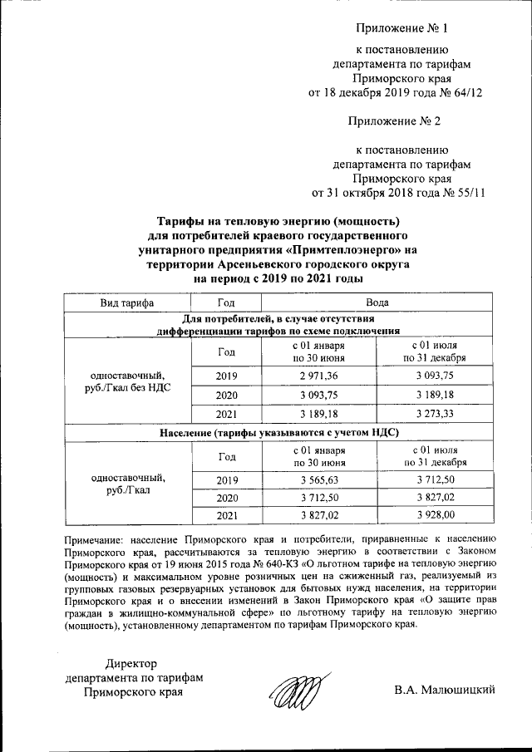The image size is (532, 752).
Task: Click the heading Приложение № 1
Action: pyautogui.click(x=402, y=28)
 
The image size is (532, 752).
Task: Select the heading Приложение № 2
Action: pyautogui.click(x=402, y=122)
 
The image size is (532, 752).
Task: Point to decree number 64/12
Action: pyautogui.click(x=467, y=92)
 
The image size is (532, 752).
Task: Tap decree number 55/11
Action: pyautogui.click(x=469, y=194)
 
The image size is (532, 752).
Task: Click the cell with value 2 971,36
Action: pyautogui.click(x=308, y=376)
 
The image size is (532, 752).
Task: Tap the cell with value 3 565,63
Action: pyautogui.click(x=308, y=480)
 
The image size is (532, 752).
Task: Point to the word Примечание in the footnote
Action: pyautogui.click(x=98, y=538)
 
